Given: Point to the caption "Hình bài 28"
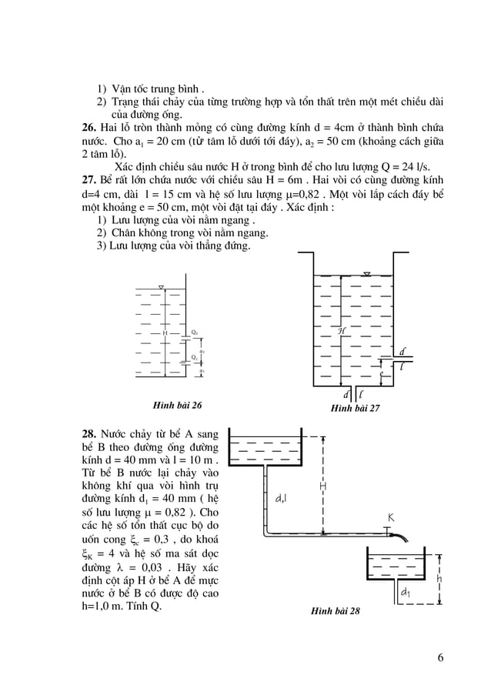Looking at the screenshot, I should point(335,612).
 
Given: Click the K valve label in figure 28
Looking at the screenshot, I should point(390,518).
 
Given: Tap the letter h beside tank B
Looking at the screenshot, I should point(439,577).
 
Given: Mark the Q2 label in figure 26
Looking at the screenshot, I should point(195,332).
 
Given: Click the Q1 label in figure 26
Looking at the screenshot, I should point(195,357).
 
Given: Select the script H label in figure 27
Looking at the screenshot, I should point(341,330).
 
